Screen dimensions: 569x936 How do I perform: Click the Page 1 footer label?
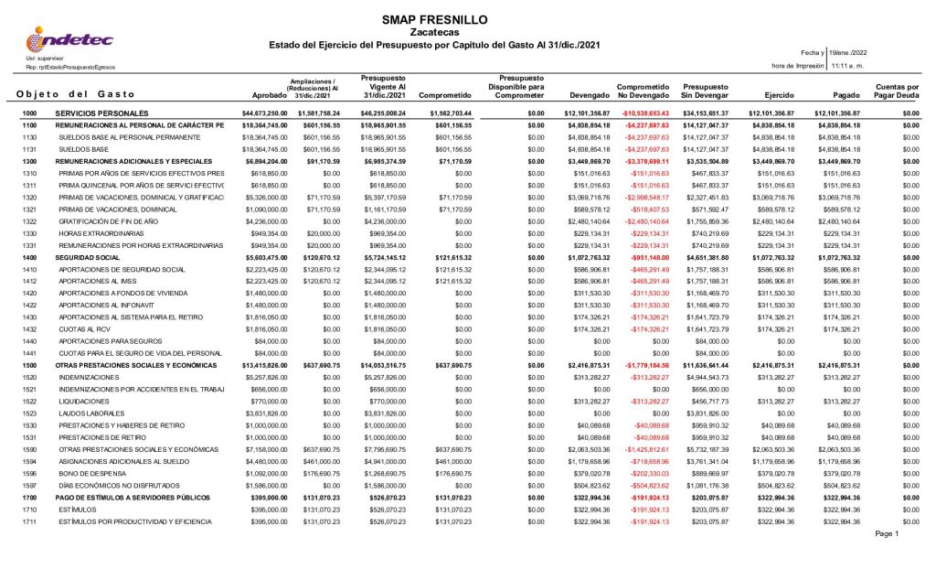tap(888, 534)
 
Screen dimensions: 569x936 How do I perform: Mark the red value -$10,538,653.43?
tap(644, 113)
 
